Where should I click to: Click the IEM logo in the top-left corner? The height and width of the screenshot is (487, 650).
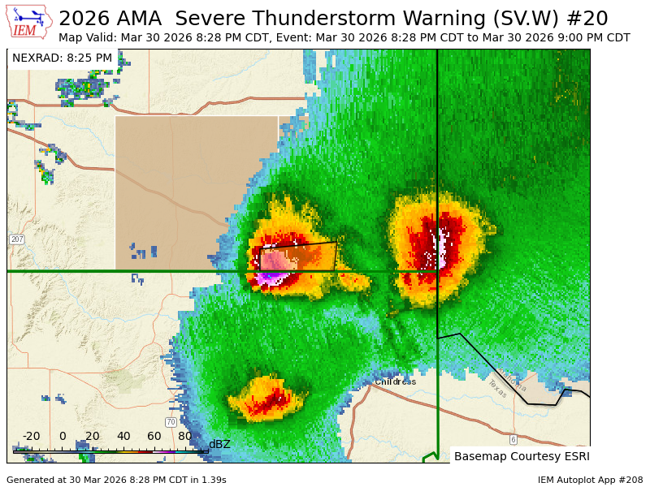coord(28,22)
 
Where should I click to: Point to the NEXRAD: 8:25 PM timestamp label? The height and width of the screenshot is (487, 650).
coord(62,58)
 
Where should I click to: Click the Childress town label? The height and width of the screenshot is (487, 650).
coord(395,381)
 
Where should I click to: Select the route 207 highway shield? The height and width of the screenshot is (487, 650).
coord(16,239)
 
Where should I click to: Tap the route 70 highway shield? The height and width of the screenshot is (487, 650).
coord(171,422)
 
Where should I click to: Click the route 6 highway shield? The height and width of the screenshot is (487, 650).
coord(513,439)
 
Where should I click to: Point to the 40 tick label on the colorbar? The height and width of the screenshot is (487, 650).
coord(123,436)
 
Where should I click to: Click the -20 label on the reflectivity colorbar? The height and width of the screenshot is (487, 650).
coord(31,436)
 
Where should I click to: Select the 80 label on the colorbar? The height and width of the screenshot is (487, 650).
coord(184,436)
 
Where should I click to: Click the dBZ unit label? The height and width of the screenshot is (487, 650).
coord(219,444)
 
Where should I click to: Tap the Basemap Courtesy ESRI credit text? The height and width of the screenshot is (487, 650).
coord(520,456)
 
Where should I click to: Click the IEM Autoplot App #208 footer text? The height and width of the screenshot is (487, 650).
coord(590,480)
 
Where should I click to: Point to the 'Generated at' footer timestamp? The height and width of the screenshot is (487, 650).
coord(116,480)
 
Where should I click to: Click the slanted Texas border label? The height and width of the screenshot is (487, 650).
coord(496,389)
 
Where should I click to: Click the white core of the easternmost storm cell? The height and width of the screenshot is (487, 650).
coord(442,248)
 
